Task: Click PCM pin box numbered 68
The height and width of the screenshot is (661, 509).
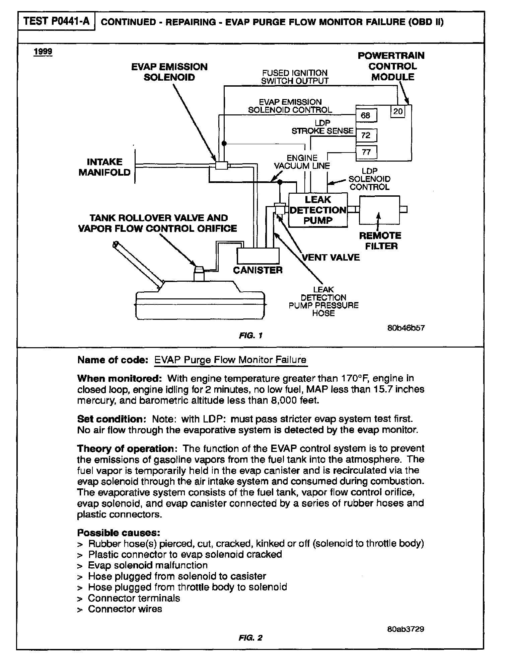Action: pyautogui.click(x=366, y=115)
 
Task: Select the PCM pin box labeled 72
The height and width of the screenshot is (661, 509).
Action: pyautogui.click(x=366, y=135)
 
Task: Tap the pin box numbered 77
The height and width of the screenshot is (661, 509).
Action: pyautogui.click(x=366, y=152)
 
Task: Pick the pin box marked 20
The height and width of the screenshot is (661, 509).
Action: pyautogui.click(x=398, y=111)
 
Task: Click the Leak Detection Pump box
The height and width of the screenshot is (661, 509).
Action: pyautogui.click(x=318, y=210)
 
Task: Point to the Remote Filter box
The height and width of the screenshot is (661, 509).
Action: pyautogui.click(x=379, y=210)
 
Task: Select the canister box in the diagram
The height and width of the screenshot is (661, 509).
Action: pyautogui.click(x=258, y=256)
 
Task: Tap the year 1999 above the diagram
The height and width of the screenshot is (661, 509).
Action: pyautogui.click(x=43, y=52)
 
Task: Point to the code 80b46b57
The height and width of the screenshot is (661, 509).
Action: pyautogui.click(x=406, y=328)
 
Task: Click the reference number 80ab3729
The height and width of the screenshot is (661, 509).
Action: pyautogui.click(x=406, y=629)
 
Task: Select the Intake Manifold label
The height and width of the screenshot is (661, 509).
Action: pyautogui.click(x=104, y=167)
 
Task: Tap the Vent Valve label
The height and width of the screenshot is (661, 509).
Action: pyautogui.click(x=331, y=257)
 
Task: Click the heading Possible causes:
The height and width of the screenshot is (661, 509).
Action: pyautogui.click(x=119, y=532)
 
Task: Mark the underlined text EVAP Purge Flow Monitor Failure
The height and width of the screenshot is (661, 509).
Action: pyautogui.click(x=230, y=360)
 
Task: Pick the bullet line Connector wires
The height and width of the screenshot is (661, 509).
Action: pyautogui.click(x=125, y=609)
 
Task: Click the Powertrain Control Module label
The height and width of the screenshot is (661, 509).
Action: pyautogui.click(x=391, y=66)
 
